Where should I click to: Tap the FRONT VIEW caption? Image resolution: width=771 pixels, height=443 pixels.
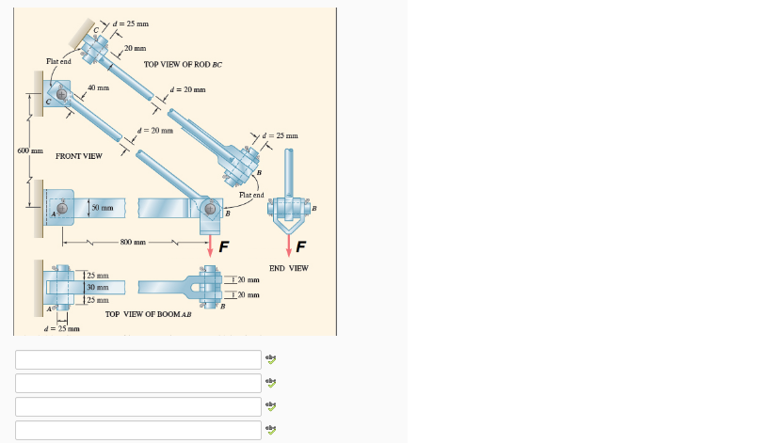(x=79, y=155)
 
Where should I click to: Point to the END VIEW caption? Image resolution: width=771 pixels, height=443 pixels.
(x=288, y=268)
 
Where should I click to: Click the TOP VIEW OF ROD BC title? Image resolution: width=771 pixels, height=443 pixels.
(x=183, y=64)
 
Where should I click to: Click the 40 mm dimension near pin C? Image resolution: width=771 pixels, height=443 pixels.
(x=98, y=87)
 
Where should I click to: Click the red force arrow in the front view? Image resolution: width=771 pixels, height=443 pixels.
(x=211, y=245)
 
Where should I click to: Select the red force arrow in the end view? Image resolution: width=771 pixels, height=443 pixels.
(x=290, y=245)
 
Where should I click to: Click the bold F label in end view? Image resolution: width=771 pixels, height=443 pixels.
(x=300, y=248)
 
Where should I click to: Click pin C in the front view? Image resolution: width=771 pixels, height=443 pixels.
(x=62, y=96)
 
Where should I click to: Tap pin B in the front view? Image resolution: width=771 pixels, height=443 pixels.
(x=210, y=209)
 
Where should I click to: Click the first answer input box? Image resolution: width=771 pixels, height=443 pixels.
(x=137, y=360)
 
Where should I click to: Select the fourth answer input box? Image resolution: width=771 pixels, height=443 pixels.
(x=137, y=430)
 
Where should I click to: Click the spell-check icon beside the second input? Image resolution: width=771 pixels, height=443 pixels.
(x=271, y=383)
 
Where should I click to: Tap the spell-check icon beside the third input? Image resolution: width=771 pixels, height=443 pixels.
(x=271, y=406)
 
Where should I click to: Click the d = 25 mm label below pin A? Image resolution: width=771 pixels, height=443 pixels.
(x=62, y=328)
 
